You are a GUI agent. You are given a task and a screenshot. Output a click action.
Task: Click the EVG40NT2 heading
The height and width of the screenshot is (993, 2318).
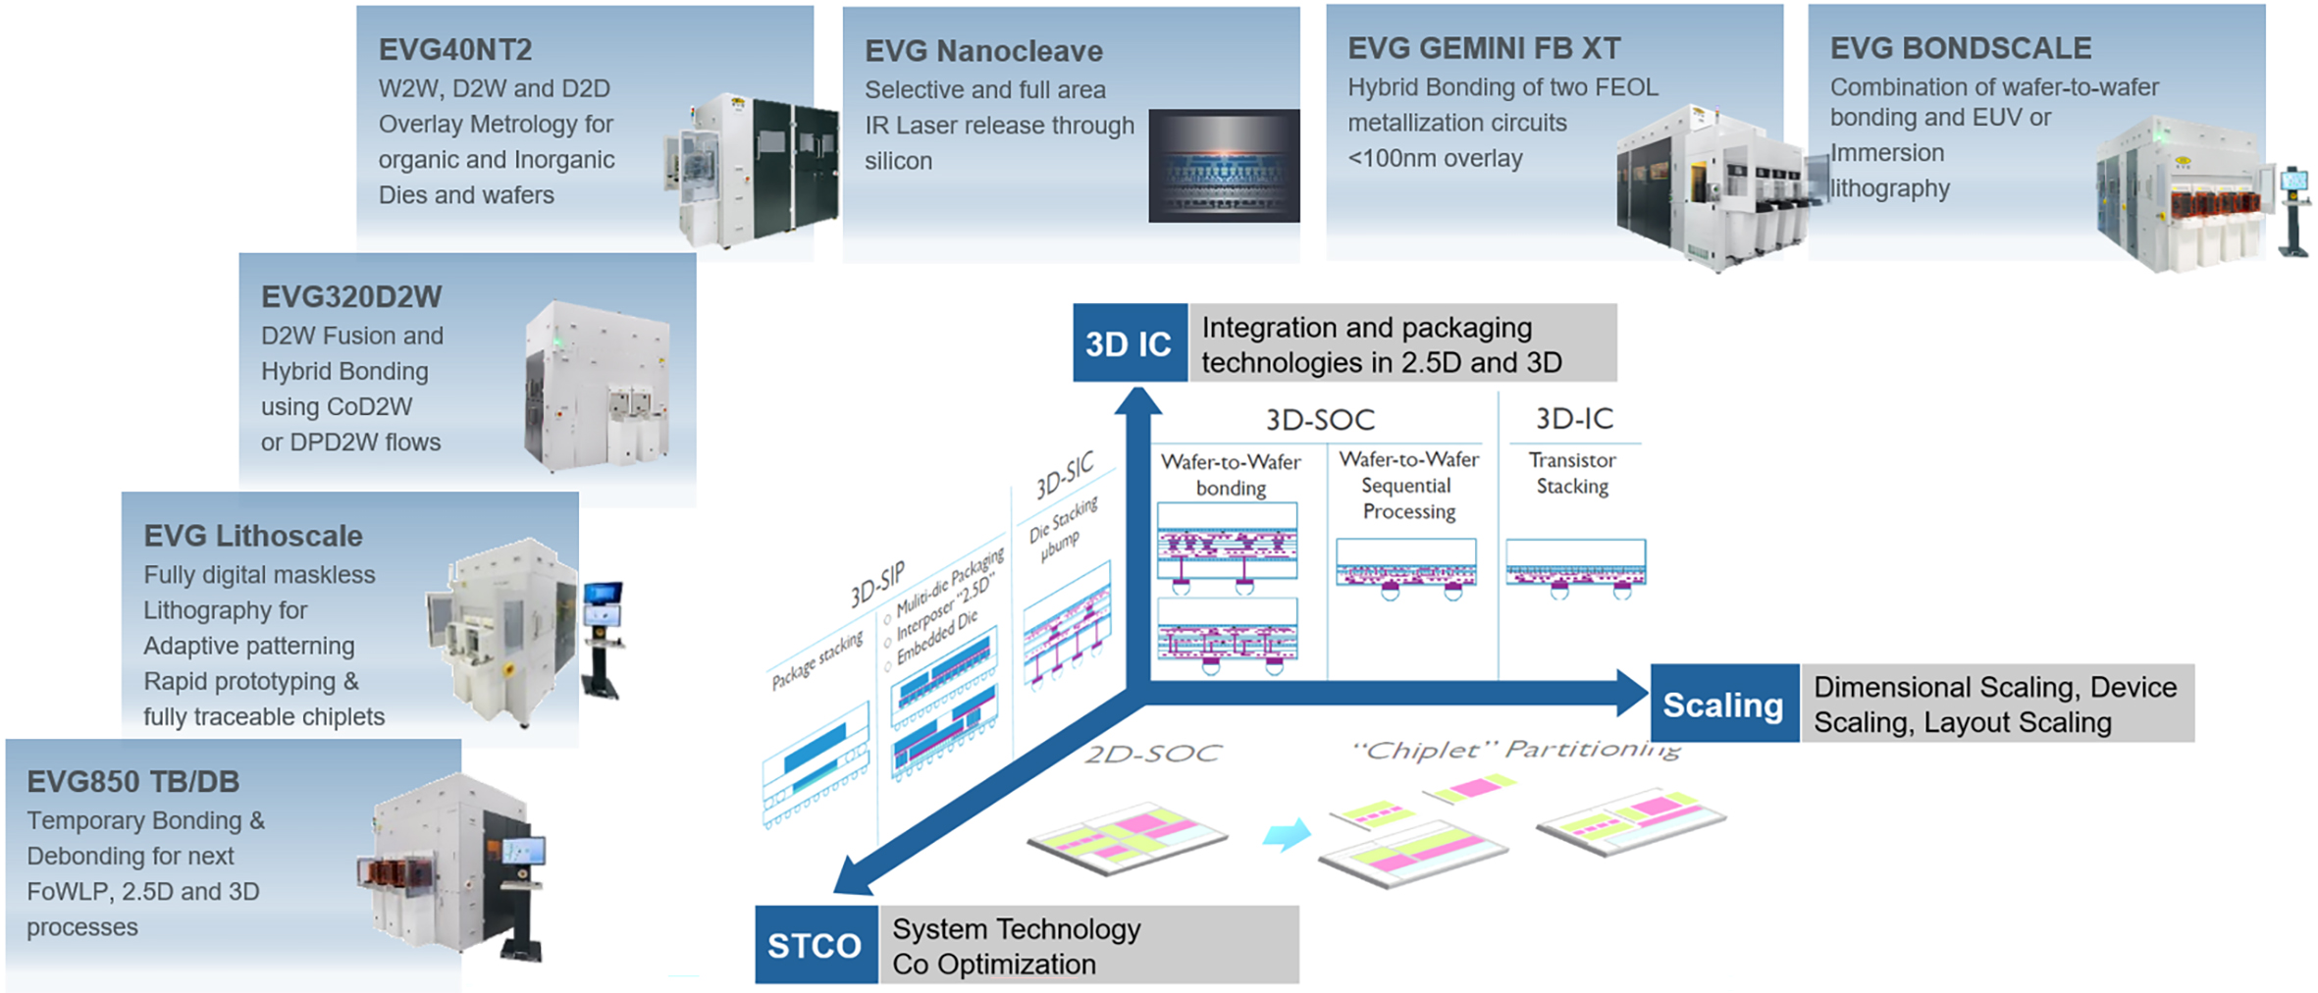[455, 49]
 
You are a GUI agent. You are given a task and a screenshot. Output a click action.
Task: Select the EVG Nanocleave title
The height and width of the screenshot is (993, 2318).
[983, 51]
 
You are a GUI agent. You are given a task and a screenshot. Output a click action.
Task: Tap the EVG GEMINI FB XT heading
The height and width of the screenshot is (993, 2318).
[1484, 48]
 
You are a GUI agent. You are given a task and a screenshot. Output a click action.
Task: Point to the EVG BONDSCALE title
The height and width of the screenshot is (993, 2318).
[1961, 48]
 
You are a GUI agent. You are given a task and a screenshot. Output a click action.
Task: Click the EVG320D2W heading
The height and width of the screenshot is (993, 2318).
[351, 296]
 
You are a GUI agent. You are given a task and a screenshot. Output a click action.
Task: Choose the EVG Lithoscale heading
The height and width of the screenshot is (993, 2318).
[253, 536]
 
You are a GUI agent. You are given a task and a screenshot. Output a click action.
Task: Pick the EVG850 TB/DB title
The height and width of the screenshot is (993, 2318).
[132, 782]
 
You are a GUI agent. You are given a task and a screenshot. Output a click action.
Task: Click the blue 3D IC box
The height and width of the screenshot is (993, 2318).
[1130, 343]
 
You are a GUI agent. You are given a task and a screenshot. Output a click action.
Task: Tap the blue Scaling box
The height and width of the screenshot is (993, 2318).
[1724, 705]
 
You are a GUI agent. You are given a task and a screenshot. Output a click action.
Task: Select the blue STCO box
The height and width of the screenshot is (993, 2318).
[816, 945]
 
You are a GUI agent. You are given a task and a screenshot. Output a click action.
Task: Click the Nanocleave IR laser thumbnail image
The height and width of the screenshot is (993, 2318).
[1224, 166]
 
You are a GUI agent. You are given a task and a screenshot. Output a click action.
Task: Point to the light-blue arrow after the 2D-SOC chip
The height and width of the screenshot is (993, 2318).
[1287, 835]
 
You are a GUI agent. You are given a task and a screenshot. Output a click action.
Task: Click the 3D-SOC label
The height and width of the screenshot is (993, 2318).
[1320, 420]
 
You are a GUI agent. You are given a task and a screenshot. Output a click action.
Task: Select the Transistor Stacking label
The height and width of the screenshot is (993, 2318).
[1572, 473]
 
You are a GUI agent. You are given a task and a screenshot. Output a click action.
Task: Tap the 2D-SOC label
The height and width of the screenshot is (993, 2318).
[1153, 754]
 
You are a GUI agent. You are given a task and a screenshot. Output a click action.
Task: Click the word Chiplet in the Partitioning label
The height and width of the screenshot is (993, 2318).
[1423, 751]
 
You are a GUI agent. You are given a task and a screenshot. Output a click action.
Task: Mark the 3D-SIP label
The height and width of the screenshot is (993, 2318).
[876, 586]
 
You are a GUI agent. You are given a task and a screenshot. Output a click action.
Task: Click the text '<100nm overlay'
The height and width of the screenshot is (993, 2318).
[1435, 158]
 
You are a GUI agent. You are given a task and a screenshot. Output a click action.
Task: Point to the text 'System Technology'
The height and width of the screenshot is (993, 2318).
[1016, 928]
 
